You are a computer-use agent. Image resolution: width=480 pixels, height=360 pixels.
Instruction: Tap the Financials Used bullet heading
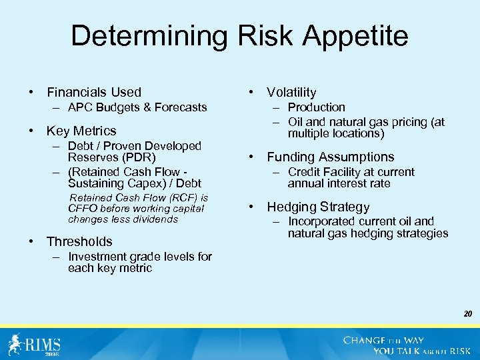(93, 92)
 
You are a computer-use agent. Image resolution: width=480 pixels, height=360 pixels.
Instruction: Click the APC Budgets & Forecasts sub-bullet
(137, 107)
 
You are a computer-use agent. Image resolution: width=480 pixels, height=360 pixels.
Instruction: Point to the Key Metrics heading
(81, 131)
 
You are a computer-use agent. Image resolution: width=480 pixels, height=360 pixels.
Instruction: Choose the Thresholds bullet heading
(79, 241)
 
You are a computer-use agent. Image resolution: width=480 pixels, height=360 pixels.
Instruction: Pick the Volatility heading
(291, 92)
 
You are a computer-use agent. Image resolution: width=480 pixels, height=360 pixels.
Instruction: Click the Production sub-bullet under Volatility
(316, 107)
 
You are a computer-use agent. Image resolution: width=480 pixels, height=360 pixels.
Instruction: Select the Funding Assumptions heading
(330, 157)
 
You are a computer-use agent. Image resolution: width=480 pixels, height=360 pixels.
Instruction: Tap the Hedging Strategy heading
(318, 207)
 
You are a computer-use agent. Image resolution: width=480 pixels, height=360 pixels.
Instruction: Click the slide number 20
(468, 312)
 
